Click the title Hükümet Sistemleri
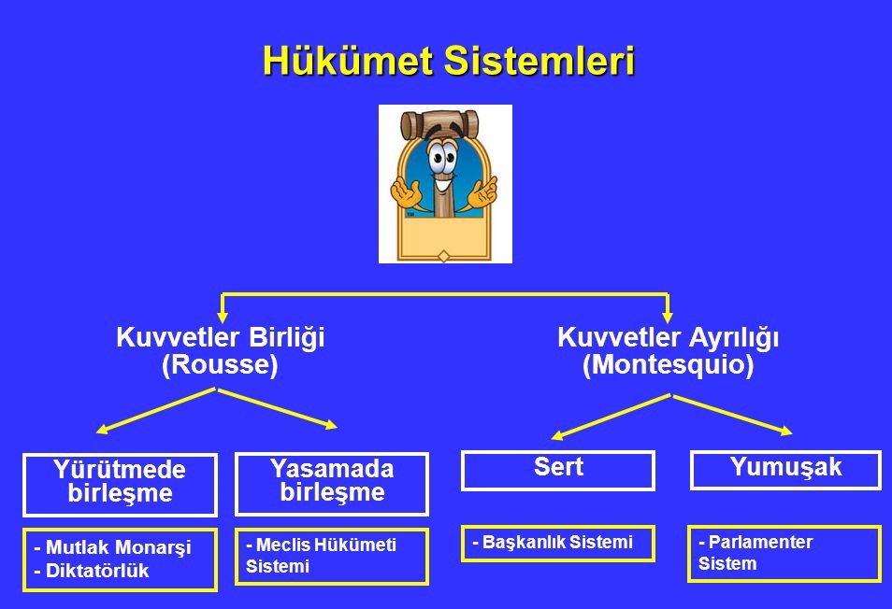[x=448, y=60]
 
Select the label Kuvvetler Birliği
[x=220, y=337]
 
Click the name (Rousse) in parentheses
[x=220, y=364]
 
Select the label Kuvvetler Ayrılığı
[x=668, y=337]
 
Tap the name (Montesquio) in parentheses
[x=668, y=364]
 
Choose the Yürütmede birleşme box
[x=120, y=485]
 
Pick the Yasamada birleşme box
[x=332, y=484]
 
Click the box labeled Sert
[x=558, y=471]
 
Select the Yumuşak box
[x=785, y=470]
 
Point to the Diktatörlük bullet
[x=92, y=571]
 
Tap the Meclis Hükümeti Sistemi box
[x=332, y=556]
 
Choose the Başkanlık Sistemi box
[x=558, y=543]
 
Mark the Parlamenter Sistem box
[x=784, y=554]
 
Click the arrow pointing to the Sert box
[x=611, y=417]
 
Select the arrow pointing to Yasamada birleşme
[x=278, y=408]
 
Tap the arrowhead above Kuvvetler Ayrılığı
[x=668, y=317]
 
